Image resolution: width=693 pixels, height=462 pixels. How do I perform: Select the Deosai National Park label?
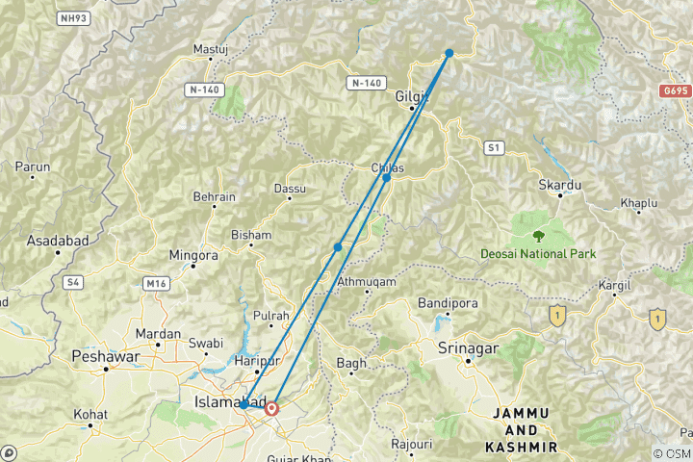coord(538,254)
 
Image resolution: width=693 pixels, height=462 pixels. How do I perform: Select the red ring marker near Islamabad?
coord(271,408)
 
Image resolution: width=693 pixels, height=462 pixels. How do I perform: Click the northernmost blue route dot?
coord(449,53)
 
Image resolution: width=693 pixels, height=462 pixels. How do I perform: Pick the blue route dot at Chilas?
coord(386,178)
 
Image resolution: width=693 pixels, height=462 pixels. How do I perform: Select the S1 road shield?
coord(494,147)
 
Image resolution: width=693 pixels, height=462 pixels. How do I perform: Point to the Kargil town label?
coord(614,286)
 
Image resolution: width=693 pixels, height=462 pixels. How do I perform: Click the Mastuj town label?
coord(209,48)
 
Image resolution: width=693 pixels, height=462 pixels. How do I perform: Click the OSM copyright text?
coord(671,453)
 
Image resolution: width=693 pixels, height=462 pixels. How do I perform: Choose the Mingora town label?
coord(194,256)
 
